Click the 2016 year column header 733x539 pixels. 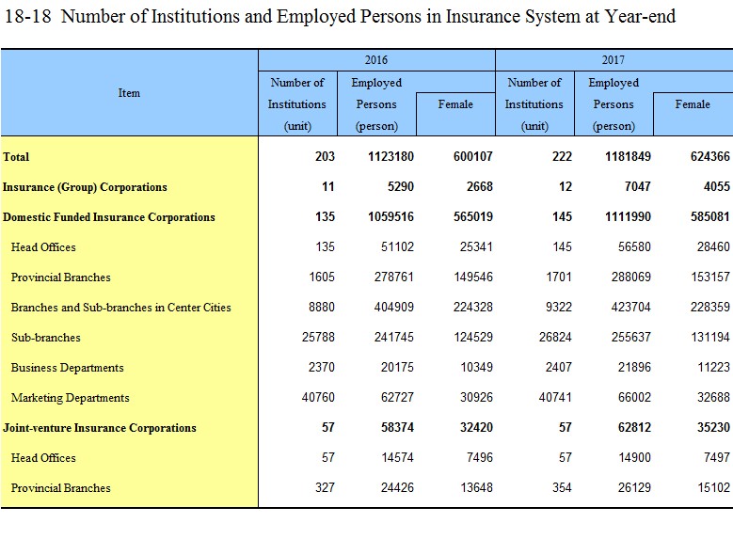point(376,60)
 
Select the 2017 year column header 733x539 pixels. point(613,60)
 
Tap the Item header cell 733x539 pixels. point(129,93)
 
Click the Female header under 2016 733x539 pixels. point(455,104)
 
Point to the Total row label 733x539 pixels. point(16,156)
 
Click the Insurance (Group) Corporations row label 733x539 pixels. point(85,187)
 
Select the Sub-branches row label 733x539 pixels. point(46,338)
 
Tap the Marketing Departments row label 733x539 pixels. point(71,398)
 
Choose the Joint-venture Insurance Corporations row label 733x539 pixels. point(100,428)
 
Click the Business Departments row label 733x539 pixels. point(68,368)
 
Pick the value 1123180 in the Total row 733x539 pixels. point(390,156)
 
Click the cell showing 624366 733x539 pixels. point(710,156)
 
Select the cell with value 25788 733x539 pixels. point(318,337)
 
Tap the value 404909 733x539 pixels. point(394,308)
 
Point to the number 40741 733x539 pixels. point(555,397)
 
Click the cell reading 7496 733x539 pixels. point(480,458)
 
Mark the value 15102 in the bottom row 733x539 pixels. point(713,487)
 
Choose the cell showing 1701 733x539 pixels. point(559,277)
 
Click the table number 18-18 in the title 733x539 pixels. point(27,16)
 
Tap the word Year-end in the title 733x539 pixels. point(640,16)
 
